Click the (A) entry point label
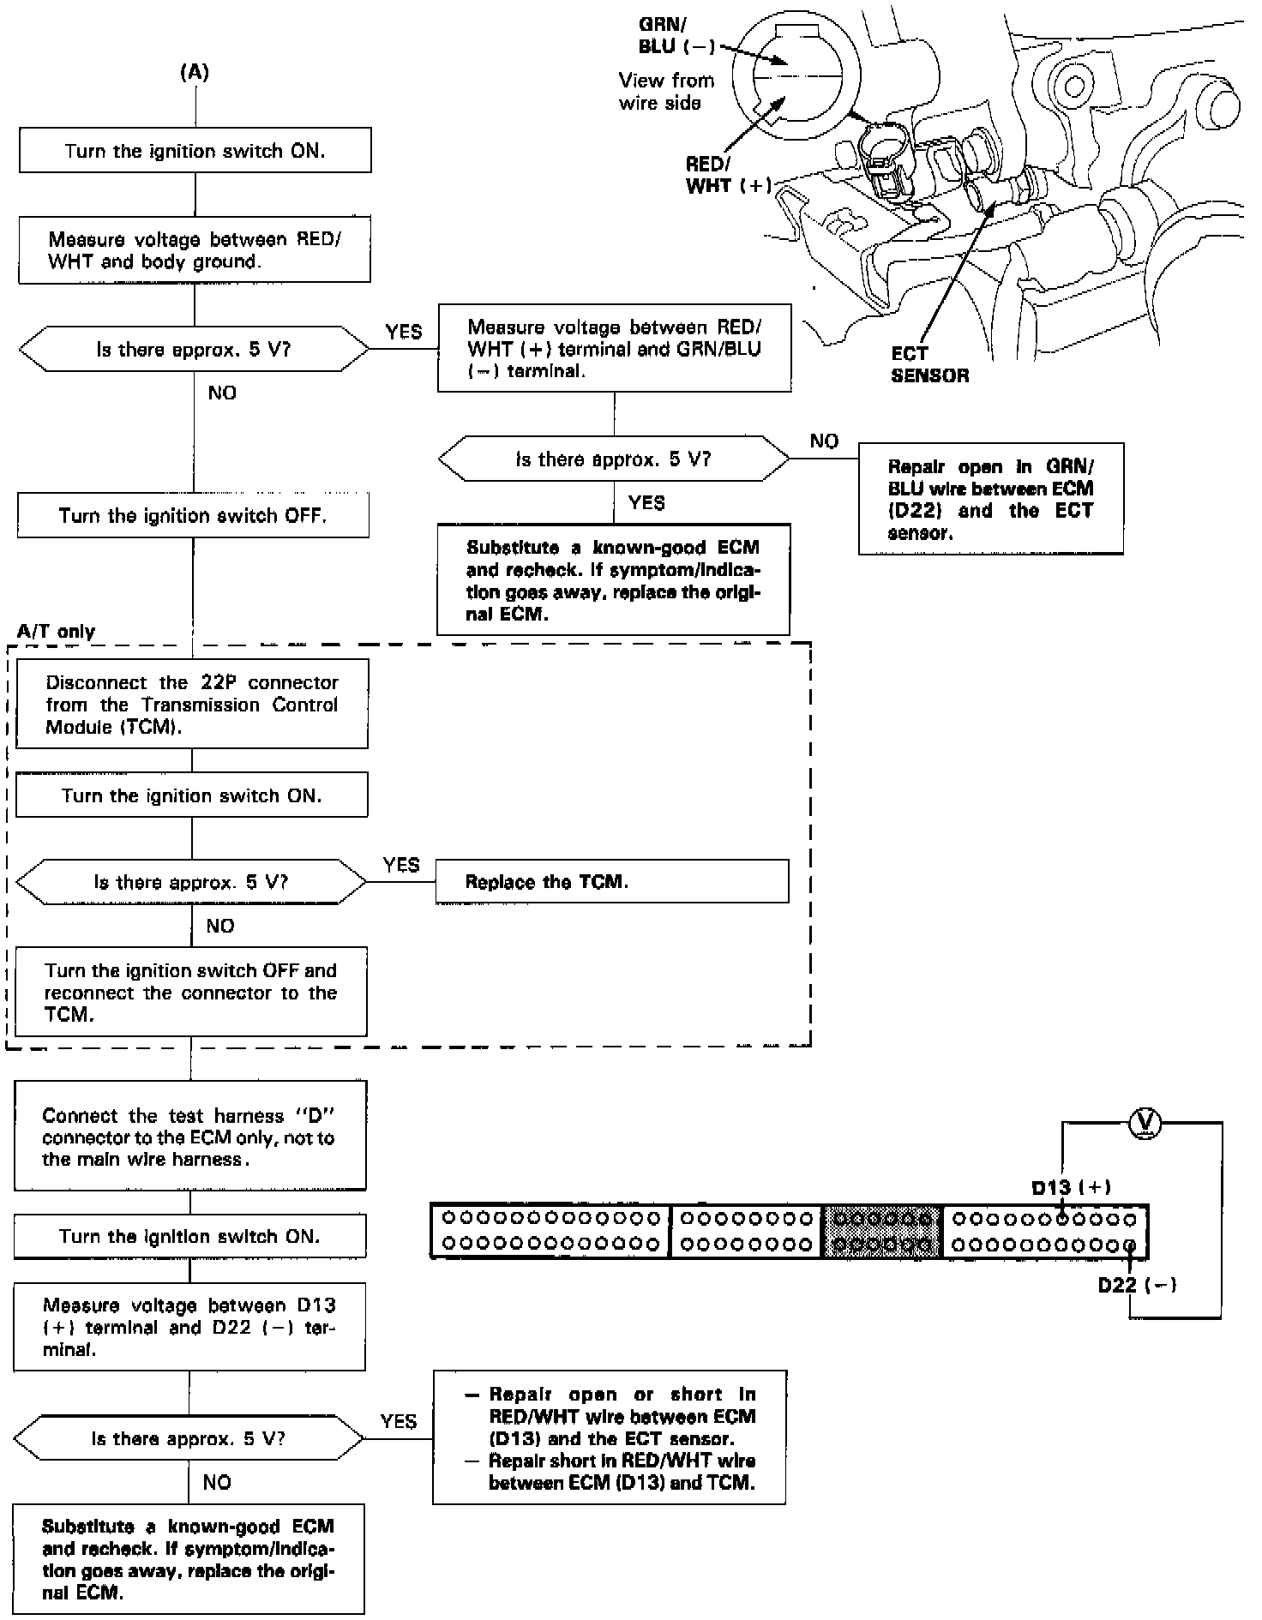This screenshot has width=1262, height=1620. click(195, 73)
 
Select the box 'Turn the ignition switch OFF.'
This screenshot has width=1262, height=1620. click(194, 515)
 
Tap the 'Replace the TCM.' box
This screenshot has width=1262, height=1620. click(611, 881)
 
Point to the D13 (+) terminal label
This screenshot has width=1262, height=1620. click(1071, 1187)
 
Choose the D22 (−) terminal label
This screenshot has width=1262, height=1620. click(1137, 1284)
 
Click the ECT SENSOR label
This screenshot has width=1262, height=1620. click(929, 364)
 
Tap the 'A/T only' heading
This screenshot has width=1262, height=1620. click(56, 632)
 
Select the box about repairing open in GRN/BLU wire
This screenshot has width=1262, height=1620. click(990, 499)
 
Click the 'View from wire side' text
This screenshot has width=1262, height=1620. click(666, 92)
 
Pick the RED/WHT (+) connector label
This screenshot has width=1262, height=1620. click(727, 175)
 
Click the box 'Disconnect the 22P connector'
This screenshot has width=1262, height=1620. click(192, 704)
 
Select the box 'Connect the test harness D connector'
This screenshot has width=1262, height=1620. click(189, 1136)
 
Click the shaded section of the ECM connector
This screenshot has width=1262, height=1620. click(882, 1231)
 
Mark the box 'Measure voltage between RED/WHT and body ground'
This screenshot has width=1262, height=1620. click(195, 250)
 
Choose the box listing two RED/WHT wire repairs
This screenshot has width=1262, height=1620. click(609, 1437)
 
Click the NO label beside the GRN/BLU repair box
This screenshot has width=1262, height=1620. click(824, 441)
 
